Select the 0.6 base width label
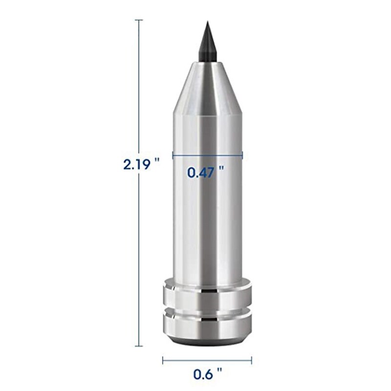pyautogui.click(x=203, y=375)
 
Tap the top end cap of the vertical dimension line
pyautogui.click(x=139, y=20)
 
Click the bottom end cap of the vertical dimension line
pyautogui.click(x=139, y=346)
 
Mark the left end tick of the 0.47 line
pyautogui.click(x=173, y=155)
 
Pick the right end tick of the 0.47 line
pyautogui.click(x=242, y=155)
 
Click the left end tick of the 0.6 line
pyautogui.click(x=163, y=361)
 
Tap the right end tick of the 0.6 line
pyautogui.click(x=252, y=361)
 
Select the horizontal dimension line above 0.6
pyautogui.click(x=207, y=361)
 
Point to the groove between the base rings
pyautogui.click(x=207, y=310)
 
